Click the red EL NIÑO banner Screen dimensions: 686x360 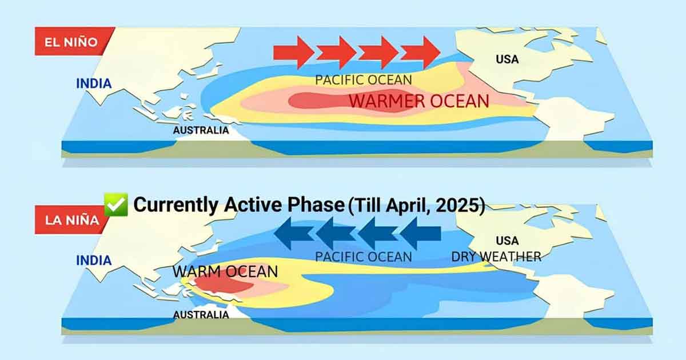click(74, 41)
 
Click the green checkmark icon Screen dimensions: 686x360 click(116, 205)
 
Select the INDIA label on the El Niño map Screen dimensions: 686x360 click(94, 83)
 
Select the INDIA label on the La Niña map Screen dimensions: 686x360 click(94, 261)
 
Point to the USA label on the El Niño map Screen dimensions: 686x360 click(507, 59)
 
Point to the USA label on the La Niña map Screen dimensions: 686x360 click(507, 241)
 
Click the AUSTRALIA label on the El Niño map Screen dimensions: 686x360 click(201, 130)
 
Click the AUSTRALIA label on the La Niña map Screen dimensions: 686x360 click(201, 315)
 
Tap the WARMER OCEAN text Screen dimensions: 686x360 click(419, 101)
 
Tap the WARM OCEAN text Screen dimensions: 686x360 click(225, 271)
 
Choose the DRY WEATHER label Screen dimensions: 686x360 click(496, 257)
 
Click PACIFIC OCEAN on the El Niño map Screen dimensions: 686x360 click(364, 80)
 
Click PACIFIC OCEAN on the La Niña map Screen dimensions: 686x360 click(364, 257)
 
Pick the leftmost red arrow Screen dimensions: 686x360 click(294, 53)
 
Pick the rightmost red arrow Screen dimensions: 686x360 click(421, 53)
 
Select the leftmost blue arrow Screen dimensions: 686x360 click(294, 233)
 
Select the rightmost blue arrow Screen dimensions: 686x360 click(421, 233)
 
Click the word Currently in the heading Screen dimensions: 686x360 click(176, 205)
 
